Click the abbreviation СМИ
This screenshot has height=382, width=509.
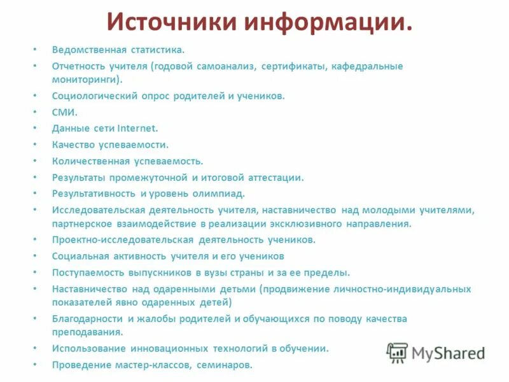coord(64,112)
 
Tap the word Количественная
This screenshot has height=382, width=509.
coord(91,161)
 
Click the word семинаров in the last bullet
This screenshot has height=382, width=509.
coord(227,365)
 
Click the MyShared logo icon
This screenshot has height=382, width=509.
coord(398,352)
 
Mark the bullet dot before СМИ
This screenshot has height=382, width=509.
coord(36,112)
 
